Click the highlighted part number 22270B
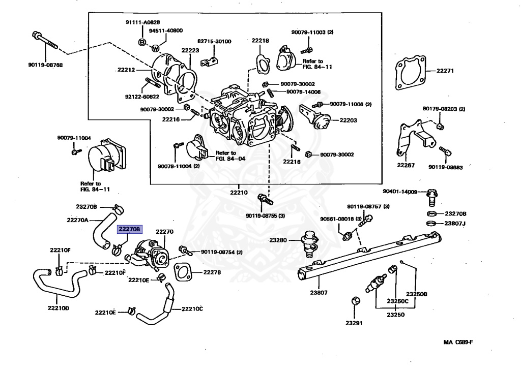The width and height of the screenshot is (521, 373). click(x=129, y=229)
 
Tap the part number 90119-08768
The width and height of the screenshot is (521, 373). click(x=45, y=65)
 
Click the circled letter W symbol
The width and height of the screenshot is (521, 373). click(x=156, y=48)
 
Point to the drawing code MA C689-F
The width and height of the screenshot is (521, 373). click(x=458, y=342)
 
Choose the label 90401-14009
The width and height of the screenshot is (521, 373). click(x=400, y=192)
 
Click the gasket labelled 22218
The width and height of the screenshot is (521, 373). click(x=263, y=63)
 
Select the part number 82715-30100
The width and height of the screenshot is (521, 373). click(x=214, y=41)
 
